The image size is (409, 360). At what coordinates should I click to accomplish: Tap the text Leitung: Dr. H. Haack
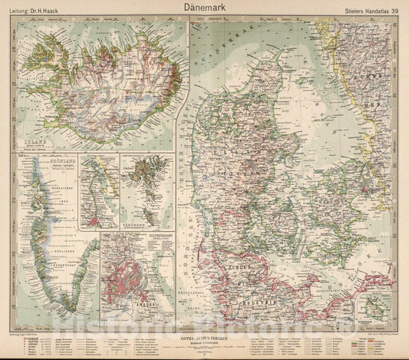point(43,11)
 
